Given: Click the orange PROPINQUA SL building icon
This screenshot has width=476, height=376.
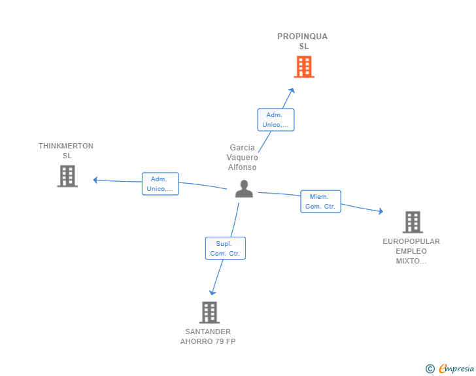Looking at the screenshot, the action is pyautogui.click(x=304, y=67).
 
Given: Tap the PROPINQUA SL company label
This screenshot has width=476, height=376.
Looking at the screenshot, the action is pyautogui.click(x=302, y=41).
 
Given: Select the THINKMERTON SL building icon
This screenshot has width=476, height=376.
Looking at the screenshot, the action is pyautogui.click(x=67, y=176).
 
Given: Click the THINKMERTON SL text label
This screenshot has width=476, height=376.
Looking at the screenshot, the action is pyautogui.click(x=66, y=150).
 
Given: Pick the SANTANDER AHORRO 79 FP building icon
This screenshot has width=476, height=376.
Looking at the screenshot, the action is pyautogui.click(x=209, y=313).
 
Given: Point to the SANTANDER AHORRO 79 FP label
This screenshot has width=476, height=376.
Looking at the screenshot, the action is pyautogui.click(x=208, y=337).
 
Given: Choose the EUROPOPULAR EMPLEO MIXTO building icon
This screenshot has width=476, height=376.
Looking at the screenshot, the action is pyautogui.click(x=413, y=222).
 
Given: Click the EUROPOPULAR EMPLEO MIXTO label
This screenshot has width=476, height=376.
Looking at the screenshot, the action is pyautogui.click(x=411, y=251).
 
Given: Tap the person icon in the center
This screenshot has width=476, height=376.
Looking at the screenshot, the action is pyautogui.click(x=244, y=189).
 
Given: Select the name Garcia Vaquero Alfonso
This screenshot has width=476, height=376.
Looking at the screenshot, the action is pyautogui.click(x=242, y=158).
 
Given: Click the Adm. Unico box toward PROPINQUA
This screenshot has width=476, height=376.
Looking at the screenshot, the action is pyautogui.click(x=276, y=120).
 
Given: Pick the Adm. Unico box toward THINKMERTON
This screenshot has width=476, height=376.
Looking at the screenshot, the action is pyautogui.click(x=160, y=184).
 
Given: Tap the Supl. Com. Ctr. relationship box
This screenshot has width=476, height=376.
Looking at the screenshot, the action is pyautogui.click(x=225, y=248).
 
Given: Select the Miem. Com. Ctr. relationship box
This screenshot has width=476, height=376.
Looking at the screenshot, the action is pyautogui.click(x=320, y=201).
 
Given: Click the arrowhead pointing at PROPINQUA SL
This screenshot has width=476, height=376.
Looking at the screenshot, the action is pyautogui.click(x=292, y=90).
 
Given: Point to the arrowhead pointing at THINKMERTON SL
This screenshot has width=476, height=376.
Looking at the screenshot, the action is pyautogui.click(x=95, y=180).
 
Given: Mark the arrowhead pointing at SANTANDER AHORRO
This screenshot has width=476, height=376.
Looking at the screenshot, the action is pyautogui.click(x=212, y=293).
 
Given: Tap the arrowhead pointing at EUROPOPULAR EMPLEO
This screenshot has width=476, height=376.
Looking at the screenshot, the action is pyautogui.click(x=381, y=211).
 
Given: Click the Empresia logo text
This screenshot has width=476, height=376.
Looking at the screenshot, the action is pyautogui.click(x=456, y=368).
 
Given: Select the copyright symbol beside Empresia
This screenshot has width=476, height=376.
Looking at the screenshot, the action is pyautogui.click(x=430, y=369).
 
